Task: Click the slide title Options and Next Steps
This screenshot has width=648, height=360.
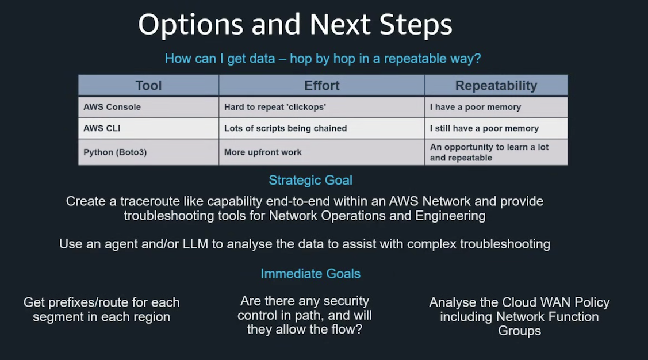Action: tap(295, 24)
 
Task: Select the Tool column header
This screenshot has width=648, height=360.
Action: tap(148, 86)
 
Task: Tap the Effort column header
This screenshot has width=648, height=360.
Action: tap(321, 86)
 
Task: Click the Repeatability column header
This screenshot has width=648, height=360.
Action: tap(496, 86)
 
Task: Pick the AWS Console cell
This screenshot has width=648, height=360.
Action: tap(148, 107)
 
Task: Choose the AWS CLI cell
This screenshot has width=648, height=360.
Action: tap(148, 128)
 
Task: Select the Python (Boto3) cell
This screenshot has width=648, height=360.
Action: tap(148, 152)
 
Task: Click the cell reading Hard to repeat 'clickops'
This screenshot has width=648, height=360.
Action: tap(321, 107)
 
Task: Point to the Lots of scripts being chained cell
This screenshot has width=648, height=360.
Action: tap(321, 128)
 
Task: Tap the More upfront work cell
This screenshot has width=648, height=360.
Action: tap(321, 152)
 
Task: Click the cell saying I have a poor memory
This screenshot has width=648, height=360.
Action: tap(496, 107)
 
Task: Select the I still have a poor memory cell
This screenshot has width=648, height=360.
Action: tap(496, 128)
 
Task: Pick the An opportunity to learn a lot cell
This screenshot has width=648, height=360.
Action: tap(496, 152)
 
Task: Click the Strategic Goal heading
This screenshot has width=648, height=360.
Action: tap(310, 180)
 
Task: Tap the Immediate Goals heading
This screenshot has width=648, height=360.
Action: tap(310, 274)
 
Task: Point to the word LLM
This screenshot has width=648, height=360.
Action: tap(195, 244)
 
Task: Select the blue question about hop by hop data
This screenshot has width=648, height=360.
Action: tap(323, 59)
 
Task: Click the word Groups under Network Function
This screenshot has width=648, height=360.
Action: tap(519, 331)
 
